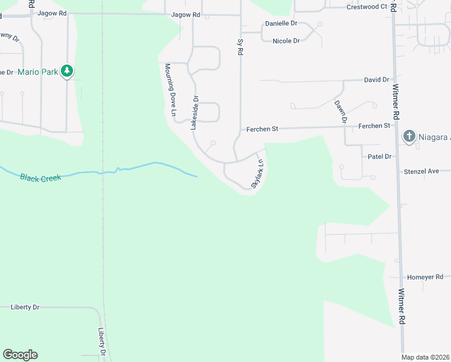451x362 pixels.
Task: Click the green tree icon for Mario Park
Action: [68, 72]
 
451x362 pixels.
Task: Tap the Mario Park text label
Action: [38, 72]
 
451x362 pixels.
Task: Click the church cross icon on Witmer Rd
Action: [409, 136]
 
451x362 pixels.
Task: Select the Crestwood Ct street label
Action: [367, 7]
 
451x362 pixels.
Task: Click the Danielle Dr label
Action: [282, 24]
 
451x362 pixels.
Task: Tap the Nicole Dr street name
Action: [286, 41]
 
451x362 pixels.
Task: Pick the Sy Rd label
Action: [240, 48]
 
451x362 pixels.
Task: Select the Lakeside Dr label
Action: [194, 113]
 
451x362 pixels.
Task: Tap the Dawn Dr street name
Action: [341, 112]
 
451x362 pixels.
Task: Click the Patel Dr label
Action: [380, 156]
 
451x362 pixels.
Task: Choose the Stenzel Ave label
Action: [421, 171]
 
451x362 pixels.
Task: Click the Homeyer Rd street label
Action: [425, 277]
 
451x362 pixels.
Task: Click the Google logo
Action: [20, 355]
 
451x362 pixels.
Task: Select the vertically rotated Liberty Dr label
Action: [101, 341]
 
